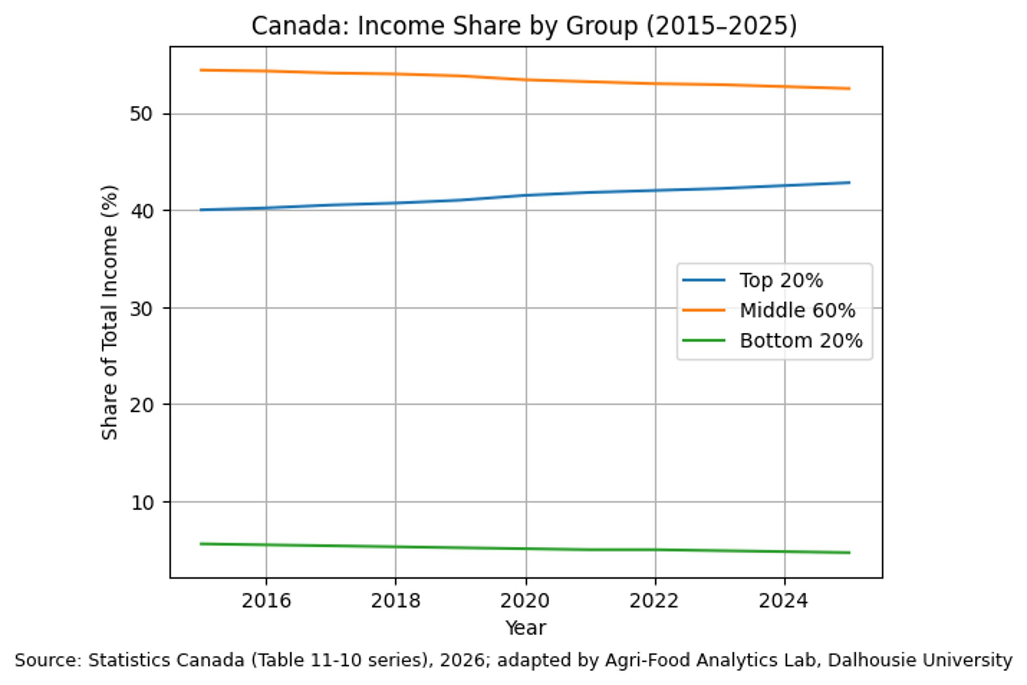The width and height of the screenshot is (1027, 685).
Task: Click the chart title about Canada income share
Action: point(524,26)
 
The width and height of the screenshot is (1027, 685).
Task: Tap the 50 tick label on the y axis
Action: point(141,115)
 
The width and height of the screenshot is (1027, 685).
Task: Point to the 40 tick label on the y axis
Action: point(141,212)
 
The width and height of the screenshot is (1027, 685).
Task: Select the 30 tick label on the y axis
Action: point(141,309)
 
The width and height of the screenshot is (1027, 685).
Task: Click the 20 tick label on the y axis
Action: point(141,406)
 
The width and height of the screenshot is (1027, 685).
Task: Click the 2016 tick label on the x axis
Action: point(266,601)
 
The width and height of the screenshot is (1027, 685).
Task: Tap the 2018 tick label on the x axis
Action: point(395,601)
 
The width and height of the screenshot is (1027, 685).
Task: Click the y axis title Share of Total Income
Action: point(109,312)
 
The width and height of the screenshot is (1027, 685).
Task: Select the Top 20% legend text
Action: point(781,280)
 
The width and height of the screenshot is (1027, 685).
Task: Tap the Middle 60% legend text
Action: point(797,311)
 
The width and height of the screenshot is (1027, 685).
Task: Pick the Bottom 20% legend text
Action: point(801,341)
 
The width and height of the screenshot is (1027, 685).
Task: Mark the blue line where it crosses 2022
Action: point(655,190)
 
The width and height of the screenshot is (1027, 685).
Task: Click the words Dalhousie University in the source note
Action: point(920,660)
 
